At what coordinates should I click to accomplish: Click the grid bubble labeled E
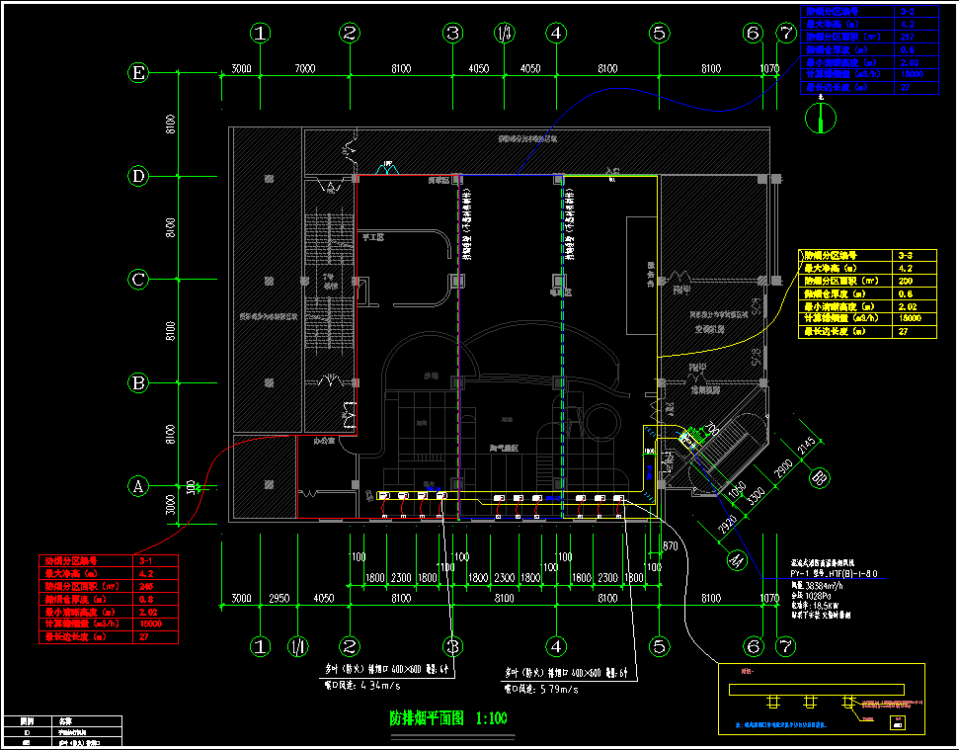[x=139, y=72]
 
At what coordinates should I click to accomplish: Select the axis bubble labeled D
[x=139, y=176]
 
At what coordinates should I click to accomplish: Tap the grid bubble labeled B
[x=139, y=382]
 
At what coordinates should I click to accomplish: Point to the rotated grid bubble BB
[x=819, y=478]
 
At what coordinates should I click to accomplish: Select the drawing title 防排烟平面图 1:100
[x=448, y=718]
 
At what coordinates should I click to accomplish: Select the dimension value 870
[x=672, y=545]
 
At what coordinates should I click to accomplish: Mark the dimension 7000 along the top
[x=304, y=68]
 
